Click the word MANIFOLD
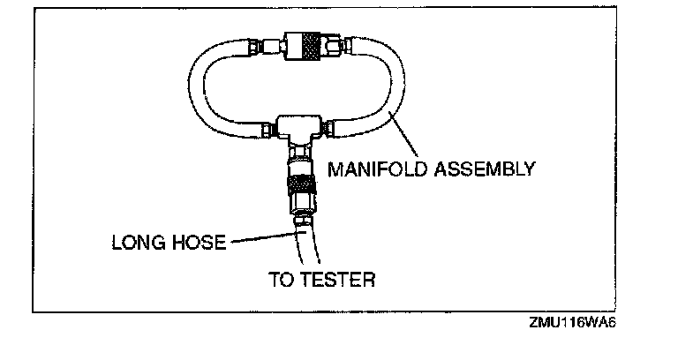pyautogui.click(x=371, y=168)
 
